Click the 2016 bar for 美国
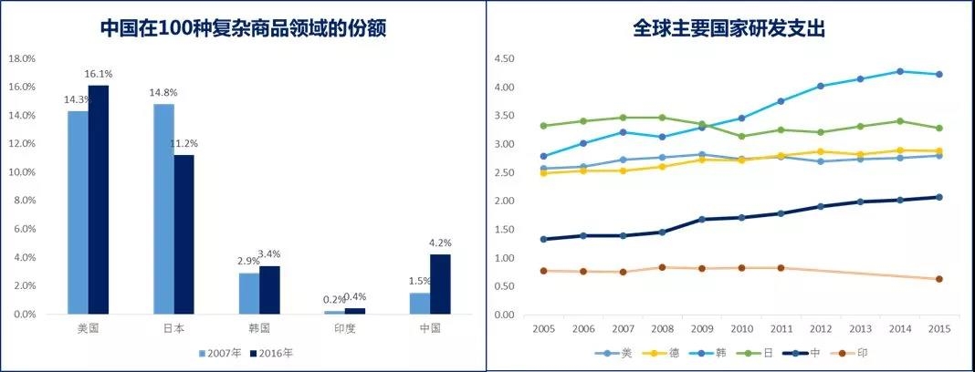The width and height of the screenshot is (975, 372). point(99,200)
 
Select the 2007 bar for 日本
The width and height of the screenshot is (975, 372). point(163,209)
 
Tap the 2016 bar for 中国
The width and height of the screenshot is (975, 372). point(440,284)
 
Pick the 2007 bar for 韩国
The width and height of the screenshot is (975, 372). point(249,294)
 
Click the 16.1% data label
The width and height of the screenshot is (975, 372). point(99,75)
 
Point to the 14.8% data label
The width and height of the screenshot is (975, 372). point(165,92)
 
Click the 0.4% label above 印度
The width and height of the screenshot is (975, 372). point(356,297)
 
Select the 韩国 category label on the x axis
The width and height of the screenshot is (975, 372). point(259,328)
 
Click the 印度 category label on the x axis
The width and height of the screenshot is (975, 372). point(345,328)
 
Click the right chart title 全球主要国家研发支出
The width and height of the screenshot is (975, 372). point(729,28)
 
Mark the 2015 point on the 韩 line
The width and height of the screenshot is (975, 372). point(938,75)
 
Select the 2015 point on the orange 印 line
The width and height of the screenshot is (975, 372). point(938,279)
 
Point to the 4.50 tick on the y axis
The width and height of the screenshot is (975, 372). point(505,59)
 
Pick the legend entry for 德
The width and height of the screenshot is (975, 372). point(664,353)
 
